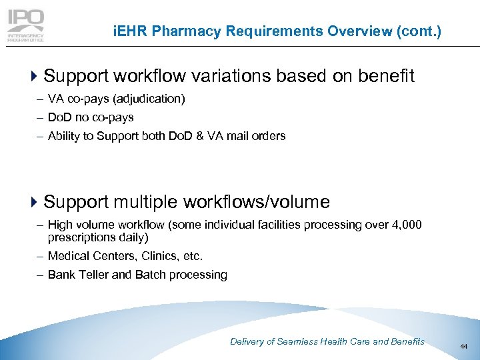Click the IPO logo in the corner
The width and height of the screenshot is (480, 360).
click(x=25, y=26)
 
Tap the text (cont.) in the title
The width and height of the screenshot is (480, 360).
click(x=419, y=31)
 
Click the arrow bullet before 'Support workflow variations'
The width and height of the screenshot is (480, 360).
click(x=35, y=77)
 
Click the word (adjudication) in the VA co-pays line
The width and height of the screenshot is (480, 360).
click(x=149, y=99)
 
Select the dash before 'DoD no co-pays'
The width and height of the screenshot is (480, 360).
click(x=41, y=117)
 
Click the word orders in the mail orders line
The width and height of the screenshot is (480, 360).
click(x=269, y=136)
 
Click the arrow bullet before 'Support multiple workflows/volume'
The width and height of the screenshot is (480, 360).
click(x=35, y=202)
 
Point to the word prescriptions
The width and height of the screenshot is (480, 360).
click(x=81, y=237)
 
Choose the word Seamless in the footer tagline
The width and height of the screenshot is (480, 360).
click(x=299, y=341)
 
